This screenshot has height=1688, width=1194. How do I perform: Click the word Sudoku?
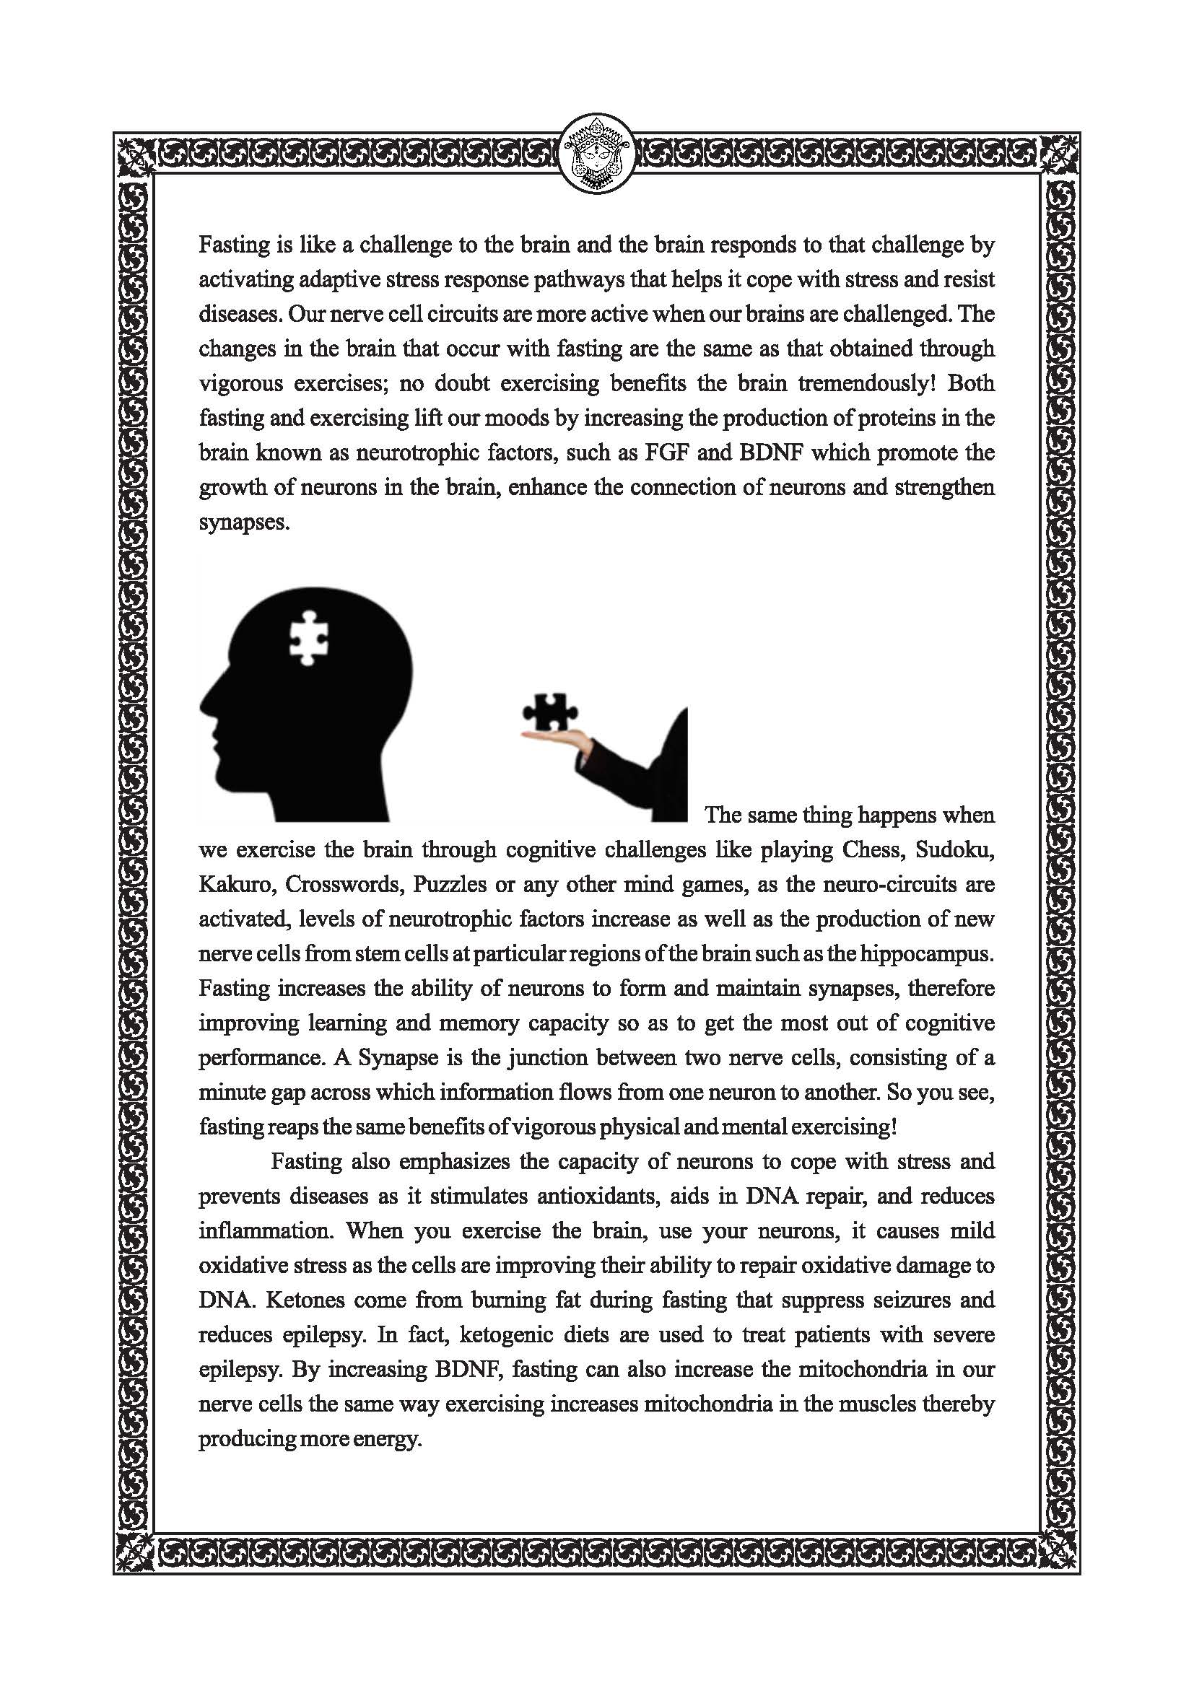953,850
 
